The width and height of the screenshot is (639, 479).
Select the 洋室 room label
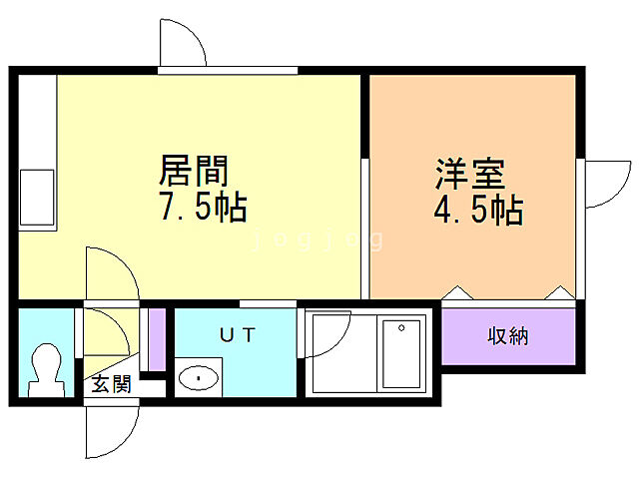(x=469, y=174)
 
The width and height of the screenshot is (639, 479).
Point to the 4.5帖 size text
(x=478, y=210)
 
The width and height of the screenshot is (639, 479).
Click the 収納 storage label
(x=507, y=336)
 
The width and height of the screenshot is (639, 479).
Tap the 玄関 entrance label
(x=111, y=384)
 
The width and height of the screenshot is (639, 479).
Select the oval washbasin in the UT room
(x=200, y=378)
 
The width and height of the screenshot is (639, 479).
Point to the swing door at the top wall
(x=183, y=45)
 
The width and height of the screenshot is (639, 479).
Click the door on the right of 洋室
(x=602, y=184)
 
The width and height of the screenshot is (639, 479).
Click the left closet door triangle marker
(x=457, y=292)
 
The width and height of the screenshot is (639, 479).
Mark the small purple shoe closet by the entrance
(x=156, y=340)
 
